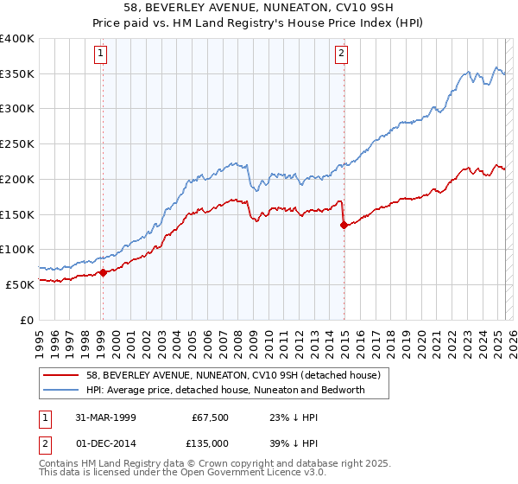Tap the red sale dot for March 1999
(x=103, y=272)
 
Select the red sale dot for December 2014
(x=344, y=225)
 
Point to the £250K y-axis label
(x=18, y=143)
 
